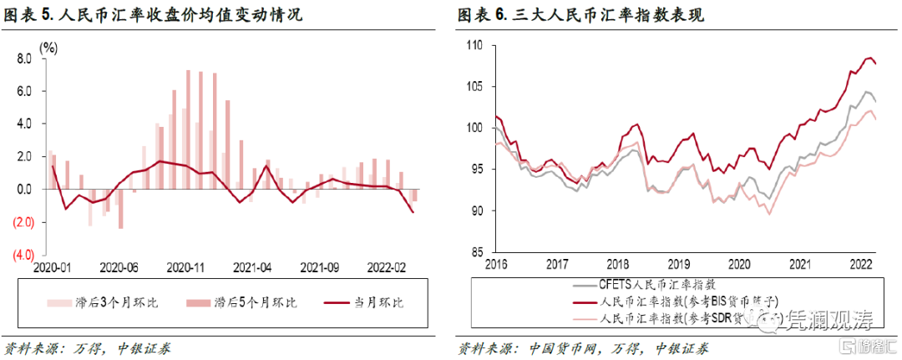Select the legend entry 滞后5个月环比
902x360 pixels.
(x=242, y=302)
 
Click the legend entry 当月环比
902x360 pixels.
(x=375, y=302)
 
